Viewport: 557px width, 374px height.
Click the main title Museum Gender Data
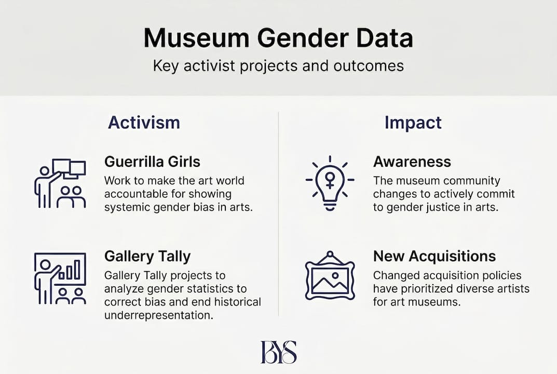(278, 39)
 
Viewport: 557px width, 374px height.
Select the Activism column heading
(144, 123)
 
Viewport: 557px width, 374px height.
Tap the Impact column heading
(413, 123)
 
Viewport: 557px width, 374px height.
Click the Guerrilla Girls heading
(152, 162)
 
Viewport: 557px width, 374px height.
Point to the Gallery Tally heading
(147, 256)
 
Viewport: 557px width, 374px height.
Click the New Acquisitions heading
(434, 256)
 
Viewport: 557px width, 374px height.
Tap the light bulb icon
(330, 183)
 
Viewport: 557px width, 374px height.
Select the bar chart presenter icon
(60, 278)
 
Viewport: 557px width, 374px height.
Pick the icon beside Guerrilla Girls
(60, 183)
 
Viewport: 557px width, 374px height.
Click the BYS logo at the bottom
(278, 352)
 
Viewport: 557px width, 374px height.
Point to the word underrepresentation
(158, 315)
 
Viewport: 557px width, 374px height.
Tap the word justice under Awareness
(452, 207)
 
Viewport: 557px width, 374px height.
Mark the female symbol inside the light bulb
(330, 180)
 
